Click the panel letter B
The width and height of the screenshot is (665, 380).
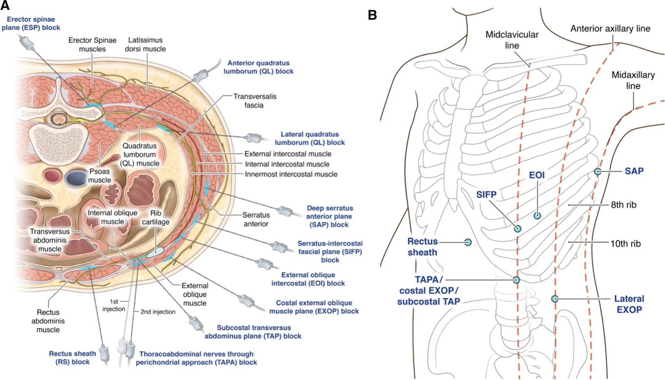click(372, 15)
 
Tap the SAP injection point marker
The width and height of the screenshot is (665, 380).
click(598, 171)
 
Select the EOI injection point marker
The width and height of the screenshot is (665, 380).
click(537, 216)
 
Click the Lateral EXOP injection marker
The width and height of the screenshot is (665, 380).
click(554, 299)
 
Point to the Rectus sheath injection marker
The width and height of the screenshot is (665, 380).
click(468, 242)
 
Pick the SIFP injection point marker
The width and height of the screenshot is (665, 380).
click(517, 229)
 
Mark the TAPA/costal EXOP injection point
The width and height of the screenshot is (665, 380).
click(516, 280)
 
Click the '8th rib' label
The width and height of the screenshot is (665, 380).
click(623, 205)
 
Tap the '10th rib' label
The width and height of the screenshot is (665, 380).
click(625, 244)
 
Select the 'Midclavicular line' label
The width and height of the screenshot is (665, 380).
click(512, 40)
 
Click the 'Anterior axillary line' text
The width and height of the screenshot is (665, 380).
click(610, 29)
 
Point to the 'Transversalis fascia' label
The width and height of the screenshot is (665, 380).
click(254, 101)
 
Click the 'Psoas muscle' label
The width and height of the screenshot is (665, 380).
click(99, 176)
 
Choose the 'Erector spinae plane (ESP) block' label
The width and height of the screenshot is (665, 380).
click(31, 24)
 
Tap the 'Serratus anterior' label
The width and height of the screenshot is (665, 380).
click(256, 219)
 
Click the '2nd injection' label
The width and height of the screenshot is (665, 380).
click(158, 312)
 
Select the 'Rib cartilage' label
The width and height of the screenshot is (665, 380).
click(156, 217)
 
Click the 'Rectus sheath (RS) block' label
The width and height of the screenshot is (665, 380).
click(72, 358)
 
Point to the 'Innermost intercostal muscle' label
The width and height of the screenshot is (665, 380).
click(291, 174)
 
